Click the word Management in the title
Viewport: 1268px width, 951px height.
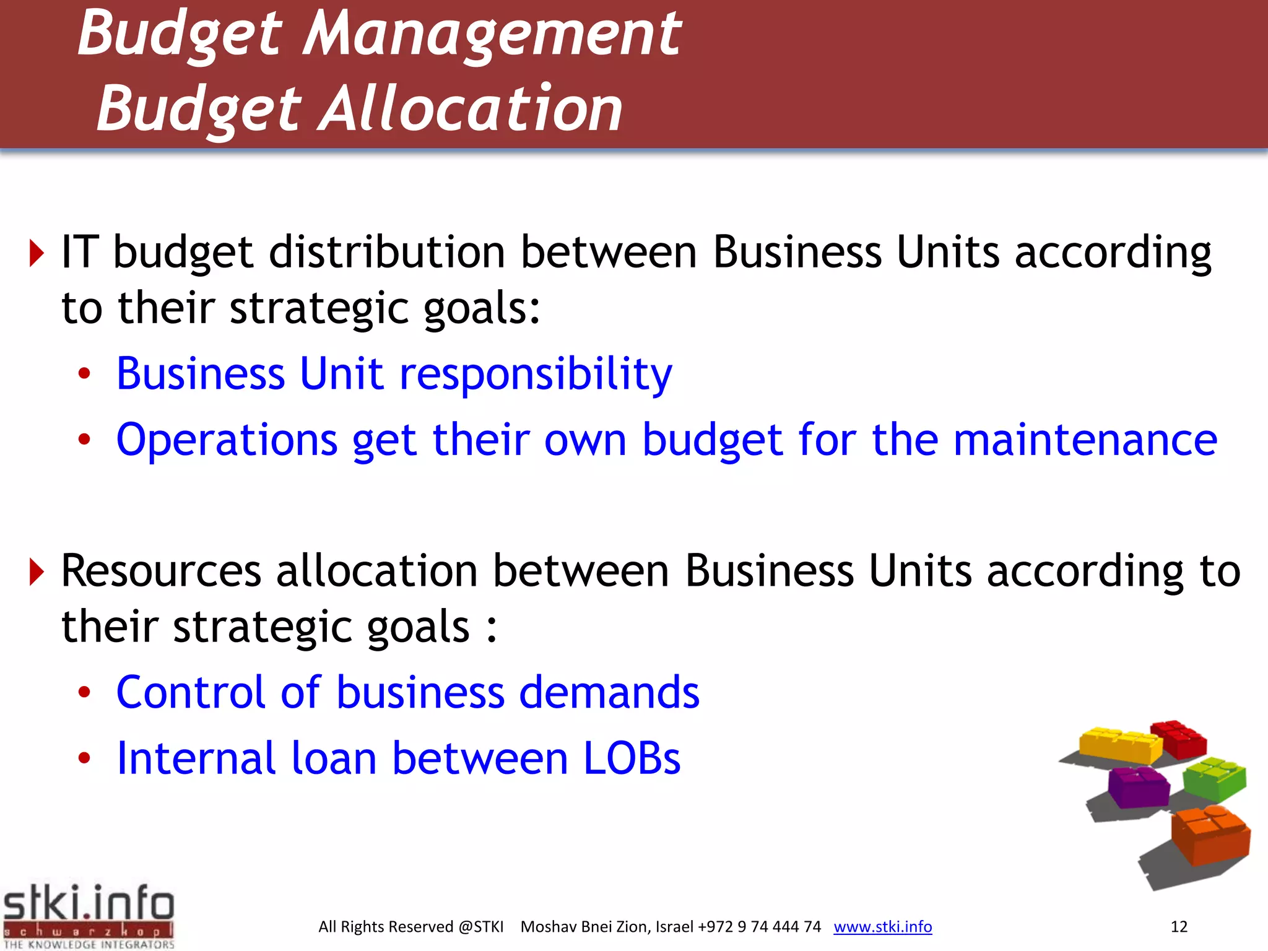tap(492, 34)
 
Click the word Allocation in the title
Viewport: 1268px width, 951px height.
tap(471, 110)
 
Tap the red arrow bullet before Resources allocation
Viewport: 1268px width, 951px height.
tap(37, 571)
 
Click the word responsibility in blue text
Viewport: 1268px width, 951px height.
tap(536, 375)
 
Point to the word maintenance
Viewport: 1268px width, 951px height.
tap(1085, 440)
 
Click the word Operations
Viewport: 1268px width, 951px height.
tap(227, 440)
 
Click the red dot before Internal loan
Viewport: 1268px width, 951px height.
tap(84, 758)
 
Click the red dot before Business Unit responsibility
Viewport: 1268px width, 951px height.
tap(84, 374)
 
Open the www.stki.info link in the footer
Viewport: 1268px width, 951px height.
tap(882, 927)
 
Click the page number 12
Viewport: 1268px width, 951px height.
tap(1179, 927)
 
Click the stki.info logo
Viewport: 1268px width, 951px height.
tap(89, 915)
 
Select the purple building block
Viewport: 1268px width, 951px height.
tap(1138, 786)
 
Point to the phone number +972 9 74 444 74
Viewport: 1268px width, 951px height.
tap(759, 927)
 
